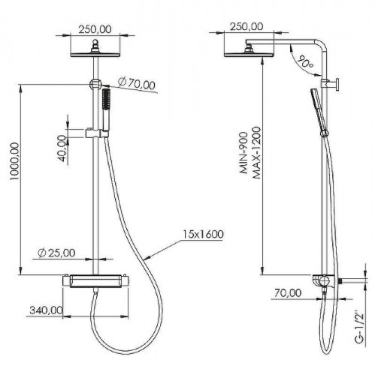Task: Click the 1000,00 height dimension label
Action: tap(14, 161)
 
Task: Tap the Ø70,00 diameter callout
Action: tap(137, 83)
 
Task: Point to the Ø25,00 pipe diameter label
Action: tap(56, 253)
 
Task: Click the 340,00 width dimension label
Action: tap(46, 310)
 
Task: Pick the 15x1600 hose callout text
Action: tap(203, 234)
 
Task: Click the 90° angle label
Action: tap(306, 61)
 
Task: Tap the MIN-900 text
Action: tap(243, 153)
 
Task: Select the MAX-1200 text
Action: tap(257, 153)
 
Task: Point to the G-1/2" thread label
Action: tap(360, 325)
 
